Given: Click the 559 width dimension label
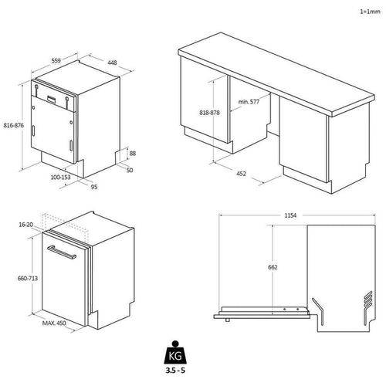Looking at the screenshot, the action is tap(56, 61).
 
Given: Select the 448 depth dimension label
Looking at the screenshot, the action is tap(112, 63).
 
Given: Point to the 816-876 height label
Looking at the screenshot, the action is tap(14, 125).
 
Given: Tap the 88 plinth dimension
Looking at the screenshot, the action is tap(133, 154).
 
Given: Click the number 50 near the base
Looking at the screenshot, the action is tap(130, 170).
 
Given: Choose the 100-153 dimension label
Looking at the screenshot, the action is tap(60, 178).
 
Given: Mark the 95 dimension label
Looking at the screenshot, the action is tap(94, 187).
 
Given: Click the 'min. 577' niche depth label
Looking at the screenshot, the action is tap(249, 102).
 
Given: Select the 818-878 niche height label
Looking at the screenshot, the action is tap(209, 113).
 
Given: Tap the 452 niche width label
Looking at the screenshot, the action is tap(241, 174).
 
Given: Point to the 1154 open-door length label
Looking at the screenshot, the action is tap(290, 215).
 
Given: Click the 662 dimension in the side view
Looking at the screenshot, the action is tap(273, 267).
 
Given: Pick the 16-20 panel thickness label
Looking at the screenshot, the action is tap(26, 225).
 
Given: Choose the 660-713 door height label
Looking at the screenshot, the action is tap(28, 279).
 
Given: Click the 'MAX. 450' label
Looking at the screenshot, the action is tap(54, 323).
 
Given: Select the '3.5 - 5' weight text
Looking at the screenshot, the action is tap(175, 371).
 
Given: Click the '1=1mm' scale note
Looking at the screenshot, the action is tap(370, 12).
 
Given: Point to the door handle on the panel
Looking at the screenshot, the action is tap(62, 252).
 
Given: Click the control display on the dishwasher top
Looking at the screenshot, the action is tap(52, 99).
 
